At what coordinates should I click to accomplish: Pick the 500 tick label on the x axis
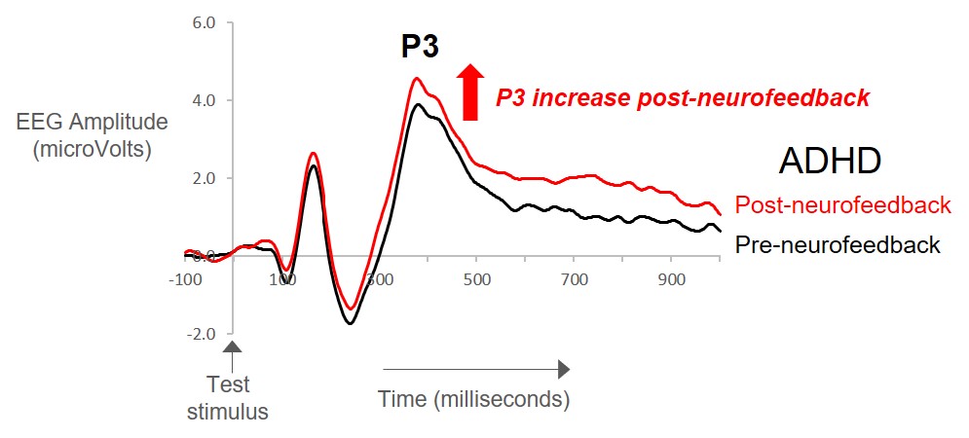(x=476, y=280)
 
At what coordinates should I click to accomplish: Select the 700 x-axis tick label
(x=574, y=280)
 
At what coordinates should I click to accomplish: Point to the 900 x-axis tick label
(x=671, y=280)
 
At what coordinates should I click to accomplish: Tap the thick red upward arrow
(x=470, y=91)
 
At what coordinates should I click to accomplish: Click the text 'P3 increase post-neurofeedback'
(x=682, y=98)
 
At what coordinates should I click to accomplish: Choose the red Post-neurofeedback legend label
(x=842, y=205)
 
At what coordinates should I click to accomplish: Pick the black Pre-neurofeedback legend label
(x=838, y=244)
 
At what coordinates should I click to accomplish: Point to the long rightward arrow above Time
(x=475, y=369)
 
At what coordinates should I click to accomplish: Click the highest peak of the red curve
(x=417, y=79)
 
